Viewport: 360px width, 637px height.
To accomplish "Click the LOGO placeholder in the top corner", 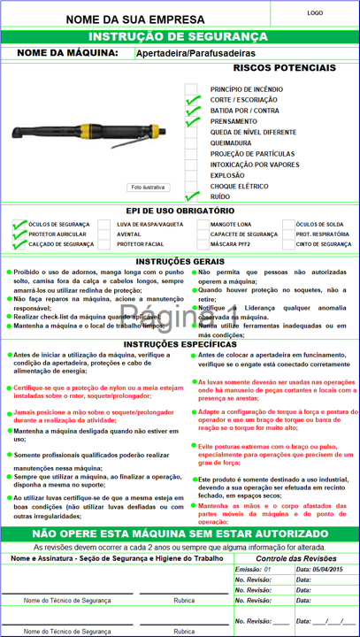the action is click(x=315, y=13).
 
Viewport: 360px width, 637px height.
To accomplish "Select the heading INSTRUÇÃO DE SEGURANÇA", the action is click(x=180, y=36).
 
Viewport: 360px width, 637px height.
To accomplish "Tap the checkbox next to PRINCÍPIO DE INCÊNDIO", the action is click(x=191, y=89).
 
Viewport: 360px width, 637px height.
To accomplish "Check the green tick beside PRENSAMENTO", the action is click(x=192, y=121).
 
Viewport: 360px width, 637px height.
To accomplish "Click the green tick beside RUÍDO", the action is click(x=192, y=196).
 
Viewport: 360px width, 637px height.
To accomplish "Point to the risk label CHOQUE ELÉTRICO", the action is click(x=239, y=186).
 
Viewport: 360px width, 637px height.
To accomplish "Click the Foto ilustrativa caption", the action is click(x=148, y=188).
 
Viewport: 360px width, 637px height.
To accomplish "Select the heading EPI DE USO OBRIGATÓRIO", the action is click(x=180, y=211).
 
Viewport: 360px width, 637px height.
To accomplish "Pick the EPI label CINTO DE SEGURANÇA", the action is click(x=324, y=244).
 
